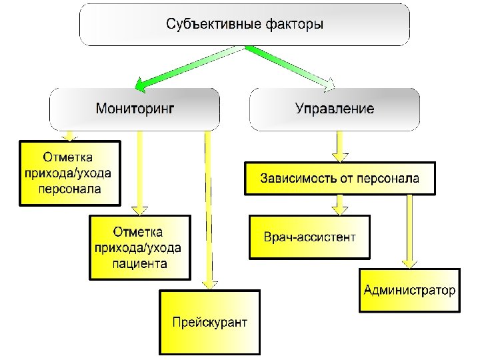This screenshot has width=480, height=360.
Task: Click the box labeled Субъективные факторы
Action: coord(245,25)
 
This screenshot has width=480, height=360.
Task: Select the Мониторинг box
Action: coord(135,109)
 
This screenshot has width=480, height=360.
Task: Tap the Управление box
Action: coord(335,109)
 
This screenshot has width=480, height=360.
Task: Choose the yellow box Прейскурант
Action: coord(209,323)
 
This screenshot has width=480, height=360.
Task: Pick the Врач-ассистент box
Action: coord(309,237)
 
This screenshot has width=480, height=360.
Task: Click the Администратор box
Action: coord(409,290)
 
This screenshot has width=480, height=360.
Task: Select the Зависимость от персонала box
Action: coord(340,179)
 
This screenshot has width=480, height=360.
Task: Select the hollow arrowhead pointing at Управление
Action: coord(331,84)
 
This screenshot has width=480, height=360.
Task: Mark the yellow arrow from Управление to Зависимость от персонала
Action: coord(341,146)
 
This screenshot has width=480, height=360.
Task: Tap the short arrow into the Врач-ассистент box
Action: coord(341,204)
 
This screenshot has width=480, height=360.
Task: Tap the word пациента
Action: coord(140,264)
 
